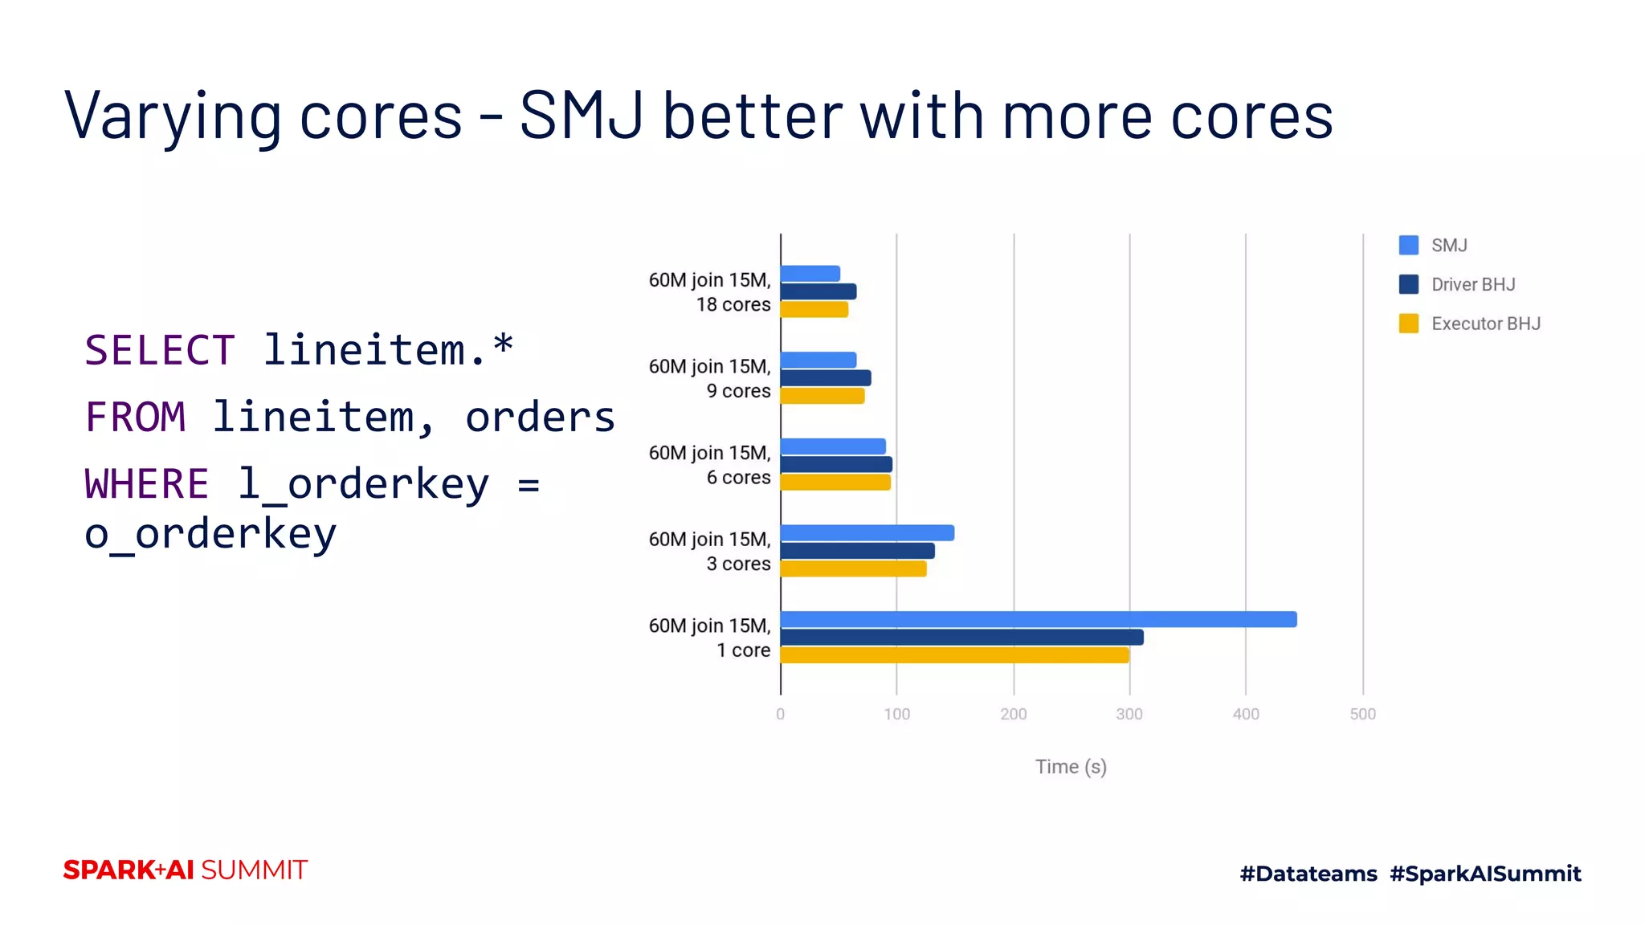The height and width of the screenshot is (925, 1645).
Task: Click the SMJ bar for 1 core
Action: [x=1038, y=619]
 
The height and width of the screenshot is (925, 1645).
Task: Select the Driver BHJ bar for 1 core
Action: [x=961, y=638]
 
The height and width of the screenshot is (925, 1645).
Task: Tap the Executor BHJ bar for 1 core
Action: [x=954, y=655]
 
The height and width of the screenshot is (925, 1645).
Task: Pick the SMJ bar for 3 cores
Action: [x=867, y=532]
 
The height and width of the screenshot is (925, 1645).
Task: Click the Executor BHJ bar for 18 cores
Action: [x=814, y=310]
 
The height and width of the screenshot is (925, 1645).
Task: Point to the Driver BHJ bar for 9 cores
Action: [x=825, y=378]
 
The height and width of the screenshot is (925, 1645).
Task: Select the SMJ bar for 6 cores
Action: [x=832, y=446]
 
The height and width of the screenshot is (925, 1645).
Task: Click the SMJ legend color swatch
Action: [x=1408, y=245]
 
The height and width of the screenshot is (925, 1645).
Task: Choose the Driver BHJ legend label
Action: [x=1473, y=284]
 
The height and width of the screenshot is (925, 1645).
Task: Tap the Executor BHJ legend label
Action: [x=1485, y=324]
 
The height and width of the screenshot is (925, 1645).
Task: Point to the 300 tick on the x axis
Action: [x=1129, y=714]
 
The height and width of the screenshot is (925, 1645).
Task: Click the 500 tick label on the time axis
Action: [x=1362, y=714]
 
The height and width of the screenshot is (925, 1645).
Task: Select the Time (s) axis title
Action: [x=1070, y=767]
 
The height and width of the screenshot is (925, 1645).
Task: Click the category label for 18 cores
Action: [x=709, y=292]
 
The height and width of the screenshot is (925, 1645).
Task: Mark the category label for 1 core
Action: [x=709, y=638]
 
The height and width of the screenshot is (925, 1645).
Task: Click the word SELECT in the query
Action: [x=159, y=350]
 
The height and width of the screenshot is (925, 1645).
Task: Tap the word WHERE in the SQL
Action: [x=146, y=484]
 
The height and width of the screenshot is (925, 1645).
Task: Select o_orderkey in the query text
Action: [x=210, y=534]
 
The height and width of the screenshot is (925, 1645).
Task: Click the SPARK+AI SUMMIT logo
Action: [x=185, y=870]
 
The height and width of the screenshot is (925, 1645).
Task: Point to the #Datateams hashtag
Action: [x=1308, y=874]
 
